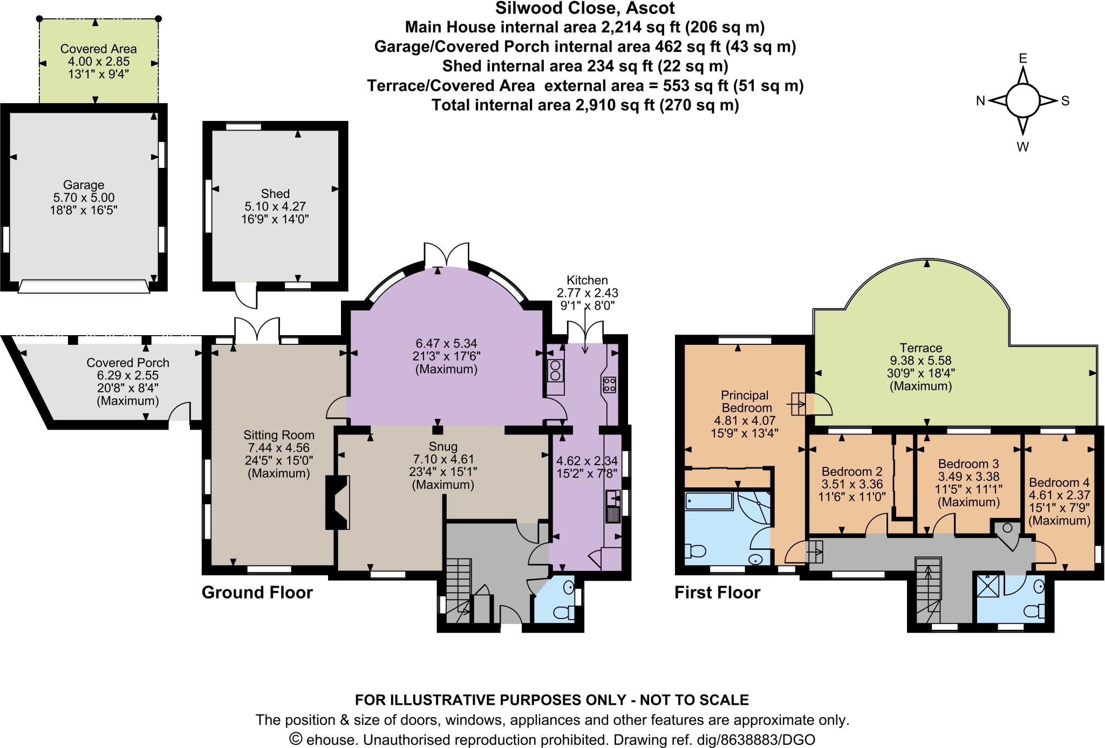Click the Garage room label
83,185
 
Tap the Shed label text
275,194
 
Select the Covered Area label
98,49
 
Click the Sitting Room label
278,435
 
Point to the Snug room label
443,447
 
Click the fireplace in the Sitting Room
338,502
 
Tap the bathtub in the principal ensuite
708,501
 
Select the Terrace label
920,348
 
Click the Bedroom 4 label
1059,482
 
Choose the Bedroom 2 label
851,472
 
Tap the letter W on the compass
1022,147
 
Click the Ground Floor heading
257,593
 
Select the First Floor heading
717,593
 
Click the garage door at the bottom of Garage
84,286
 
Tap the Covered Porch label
128,363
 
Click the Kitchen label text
587,280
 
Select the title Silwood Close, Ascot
585,9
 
